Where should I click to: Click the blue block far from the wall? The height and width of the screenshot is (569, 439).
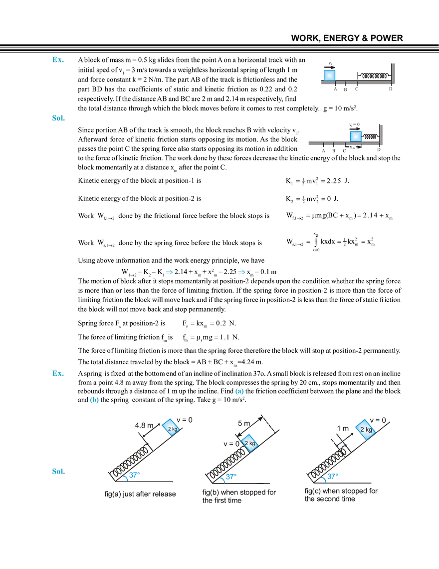(x=330, y=75)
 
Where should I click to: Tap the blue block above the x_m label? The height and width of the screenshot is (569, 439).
(x=355, y=136)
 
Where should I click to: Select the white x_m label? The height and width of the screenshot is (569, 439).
(x=353, y=147)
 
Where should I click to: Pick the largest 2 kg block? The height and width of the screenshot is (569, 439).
(x=366, y=429)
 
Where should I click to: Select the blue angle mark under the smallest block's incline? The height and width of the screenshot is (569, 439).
(x=132, y=475)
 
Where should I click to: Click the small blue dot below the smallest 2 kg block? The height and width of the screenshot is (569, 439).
(x=148, y=443)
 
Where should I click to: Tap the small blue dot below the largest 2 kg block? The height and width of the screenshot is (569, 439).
(x=346, y=444)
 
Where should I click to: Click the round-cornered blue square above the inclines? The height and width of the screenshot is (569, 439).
(x=239, y=392)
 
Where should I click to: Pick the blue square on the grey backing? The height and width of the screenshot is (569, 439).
(x=94, y=401)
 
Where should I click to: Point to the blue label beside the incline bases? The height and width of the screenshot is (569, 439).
(x=57, y=471)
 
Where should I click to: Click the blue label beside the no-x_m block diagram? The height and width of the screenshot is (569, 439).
(x=58, y=60)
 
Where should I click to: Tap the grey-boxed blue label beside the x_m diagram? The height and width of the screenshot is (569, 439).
(x=58, y=118)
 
